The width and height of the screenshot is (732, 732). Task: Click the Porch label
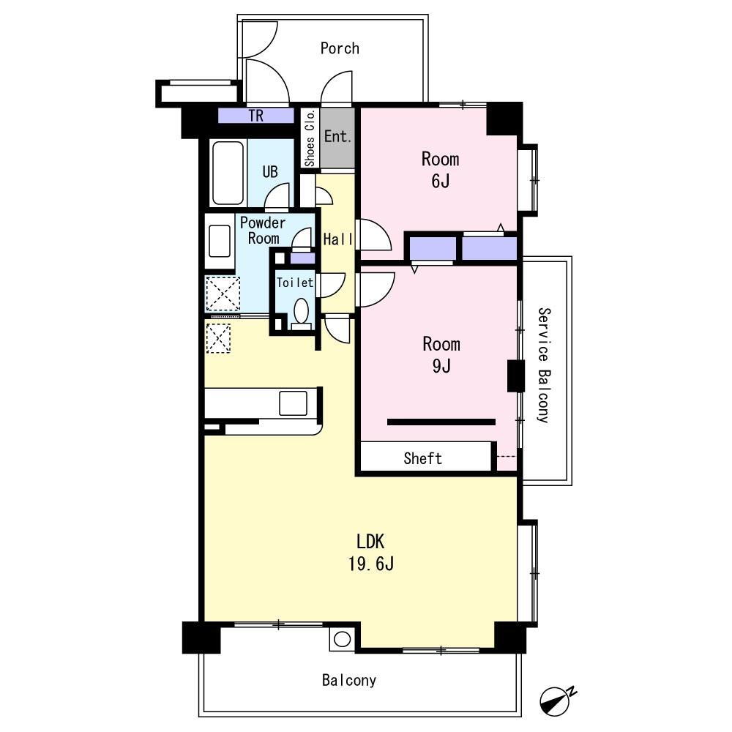pyautogui.click(x=340, y=48)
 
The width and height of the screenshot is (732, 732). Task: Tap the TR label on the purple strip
pyautogui.click(x=255, y=116)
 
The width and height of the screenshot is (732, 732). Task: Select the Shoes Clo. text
pyautogui.click(x=310, y=138)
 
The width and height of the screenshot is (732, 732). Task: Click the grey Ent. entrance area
pyautogui.click(x=337, y=138)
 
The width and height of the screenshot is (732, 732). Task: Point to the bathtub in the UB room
pyautogui.click(x=228, y=173)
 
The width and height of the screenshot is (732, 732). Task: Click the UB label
pyautogui.click(x=270, y=172)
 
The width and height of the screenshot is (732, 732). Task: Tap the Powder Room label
pyautogui.click(x=263, y=230)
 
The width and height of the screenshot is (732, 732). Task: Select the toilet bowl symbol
pyautogui.click(x=301, y=312)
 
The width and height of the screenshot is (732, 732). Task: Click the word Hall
pyautogui.click(x=338, y=239)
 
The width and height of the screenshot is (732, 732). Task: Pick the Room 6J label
pyautogui.click(x=440, y=170)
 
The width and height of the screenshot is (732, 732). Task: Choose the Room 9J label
pyautogui.click(x=441, y=355)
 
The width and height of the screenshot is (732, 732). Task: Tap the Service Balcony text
pyautogui.click(x=544, y=365)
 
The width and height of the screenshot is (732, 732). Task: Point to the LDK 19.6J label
pyautogui.click(x=370, y=553)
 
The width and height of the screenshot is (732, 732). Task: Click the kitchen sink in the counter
pyautogui.click(x=293, y=403)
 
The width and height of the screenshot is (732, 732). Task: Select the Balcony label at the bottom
pyautogui.click(x=348, y=680)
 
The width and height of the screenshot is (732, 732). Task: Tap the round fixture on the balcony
pyautogui.click(x=342, y=639)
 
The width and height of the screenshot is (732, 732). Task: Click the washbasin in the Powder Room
pyautogui.click(x=220, y=241)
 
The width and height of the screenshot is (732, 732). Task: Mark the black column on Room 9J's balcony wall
pyautogui.click(x=516, y=376)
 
